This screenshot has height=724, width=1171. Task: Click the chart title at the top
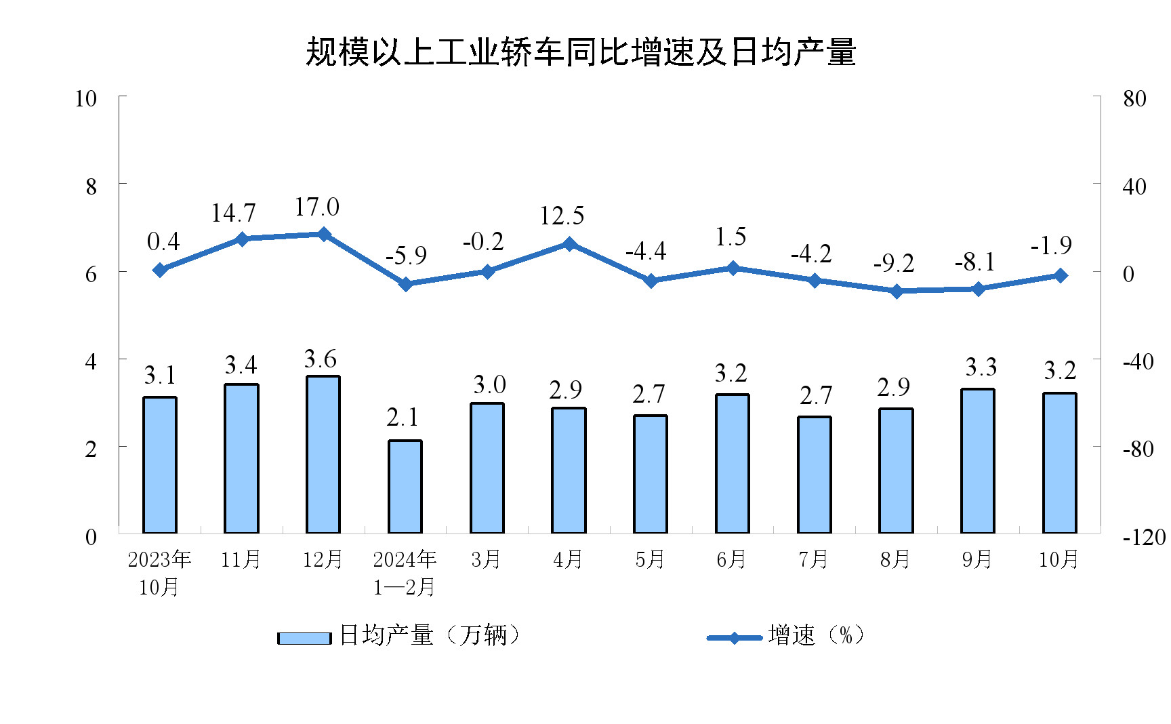(x=581, y=52)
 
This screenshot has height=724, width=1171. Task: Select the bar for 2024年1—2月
(x=405, y=487)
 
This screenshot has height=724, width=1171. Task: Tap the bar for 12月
(x=323, y=454)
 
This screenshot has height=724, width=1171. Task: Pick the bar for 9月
(x=978, y=461)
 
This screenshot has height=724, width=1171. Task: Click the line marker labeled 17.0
(x=323, y=234)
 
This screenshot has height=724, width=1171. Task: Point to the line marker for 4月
(x=569, y=244)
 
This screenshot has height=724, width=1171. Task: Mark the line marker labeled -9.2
(x=897, y=291)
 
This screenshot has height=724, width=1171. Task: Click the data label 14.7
(x=233, y=214)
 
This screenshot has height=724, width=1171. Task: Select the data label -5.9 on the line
(x=406, y=256)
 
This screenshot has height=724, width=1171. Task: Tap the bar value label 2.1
(x=403, y=418)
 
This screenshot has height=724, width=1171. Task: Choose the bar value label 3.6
(x=321, y=359)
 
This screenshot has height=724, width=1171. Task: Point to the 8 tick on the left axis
(x=91, y=186)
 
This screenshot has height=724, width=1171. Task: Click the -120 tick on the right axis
(x=1144, y=538)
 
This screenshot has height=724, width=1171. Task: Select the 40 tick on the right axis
(x=1134, y=186)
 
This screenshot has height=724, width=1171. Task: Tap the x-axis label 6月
(x=732, y=559)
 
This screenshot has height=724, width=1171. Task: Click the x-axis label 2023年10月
(x=160, y=573)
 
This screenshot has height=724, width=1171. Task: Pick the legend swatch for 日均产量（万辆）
(x=304, y=638)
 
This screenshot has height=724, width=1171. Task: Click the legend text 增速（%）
(x=816, y=635)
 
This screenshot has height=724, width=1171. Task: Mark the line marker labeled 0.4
(x=160, y=270)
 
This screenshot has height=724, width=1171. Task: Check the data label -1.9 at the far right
(x=1051, y=245)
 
